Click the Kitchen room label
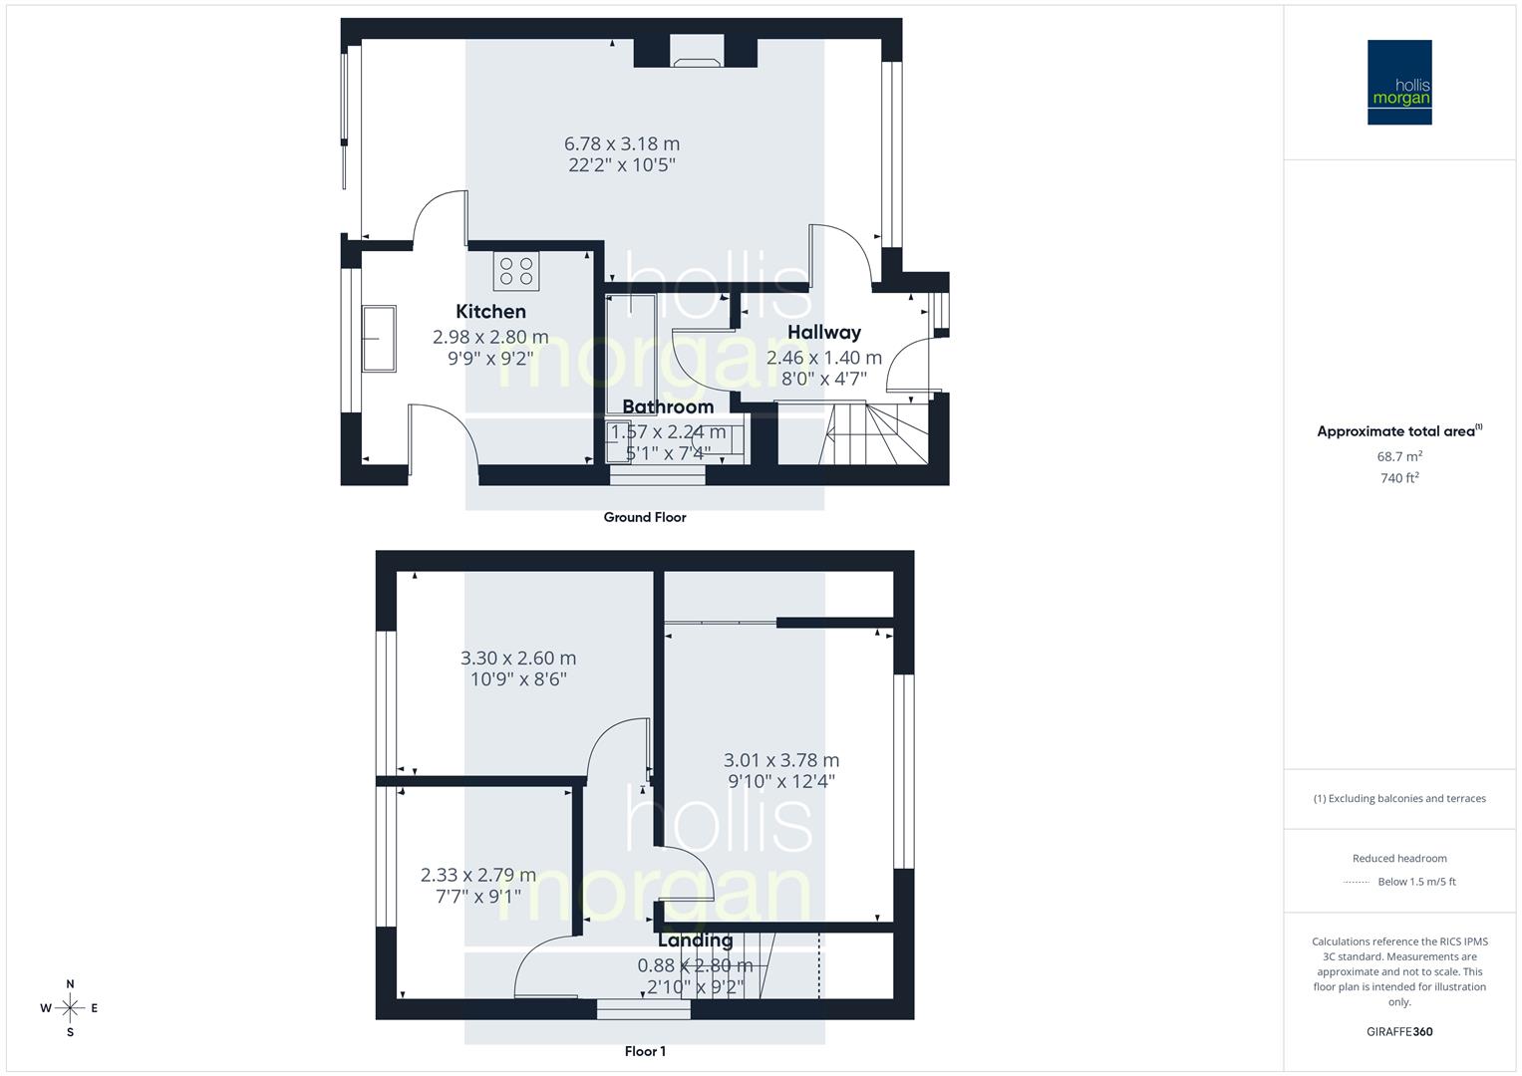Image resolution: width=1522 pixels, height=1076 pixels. (490, 312)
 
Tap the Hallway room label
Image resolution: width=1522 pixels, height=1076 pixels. (823, 333)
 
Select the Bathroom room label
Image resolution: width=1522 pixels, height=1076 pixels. (668, 406)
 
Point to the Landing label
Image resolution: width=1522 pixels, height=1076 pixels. (695, 941)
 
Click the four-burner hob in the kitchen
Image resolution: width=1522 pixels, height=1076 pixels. (516, 271)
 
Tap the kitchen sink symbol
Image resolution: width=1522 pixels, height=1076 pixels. (380, 338)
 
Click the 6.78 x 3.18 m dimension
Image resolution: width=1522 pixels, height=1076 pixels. (622, 144)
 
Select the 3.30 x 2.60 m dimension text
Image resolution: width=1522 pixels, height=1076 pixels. (518, 659)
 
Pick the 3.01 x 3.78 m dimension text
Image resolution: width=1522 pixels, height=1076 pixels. (781, 760)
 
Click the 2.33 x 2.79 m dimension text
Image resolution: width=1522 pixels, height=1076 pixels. (478, 875)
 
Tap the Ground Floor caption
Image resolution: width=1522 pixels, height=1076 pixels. (645, 517)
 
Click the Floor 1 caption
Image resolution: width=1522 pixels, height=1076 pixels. (645, 1051)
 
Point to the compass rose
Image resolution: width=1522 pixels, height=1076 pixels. (70, 1008)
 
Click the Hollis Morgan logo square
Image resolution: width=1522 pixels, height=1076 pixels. (1399, 83)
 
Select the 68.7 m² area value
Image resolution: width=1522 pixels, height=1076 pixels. (1399, 456)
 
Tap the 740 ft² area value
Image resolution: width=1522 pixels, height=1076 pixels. (1399, 478)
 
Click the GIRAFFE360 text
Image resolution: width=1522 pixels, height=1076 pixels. (1399, 1032)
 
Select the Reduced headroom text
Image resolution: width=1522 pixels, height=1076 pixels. (1399, 858)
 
